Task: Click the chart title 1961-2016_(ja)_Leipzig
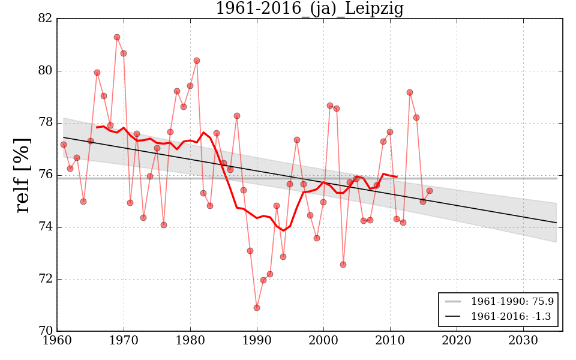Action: (x=309, y=9)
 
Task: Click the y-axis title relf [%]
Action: (x=23, y=175)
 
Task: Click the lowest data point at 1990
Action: (x=257, y=308)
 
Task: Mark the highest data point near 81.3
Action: (x=117, y=37)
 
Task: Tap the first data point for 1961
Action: (x=64, y=145)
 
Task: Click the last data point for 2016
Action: (x=430, y=191)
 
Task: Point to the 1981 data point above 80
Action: (x=197, y=61)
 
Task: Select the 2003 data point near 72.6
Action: (x=343, y=265)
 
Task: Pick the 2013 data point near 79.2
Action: (x=410, y=92)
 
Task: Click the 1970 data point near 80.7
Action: (x=124, y=53)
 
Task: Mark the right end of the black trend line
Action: (x=556, y=223)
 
